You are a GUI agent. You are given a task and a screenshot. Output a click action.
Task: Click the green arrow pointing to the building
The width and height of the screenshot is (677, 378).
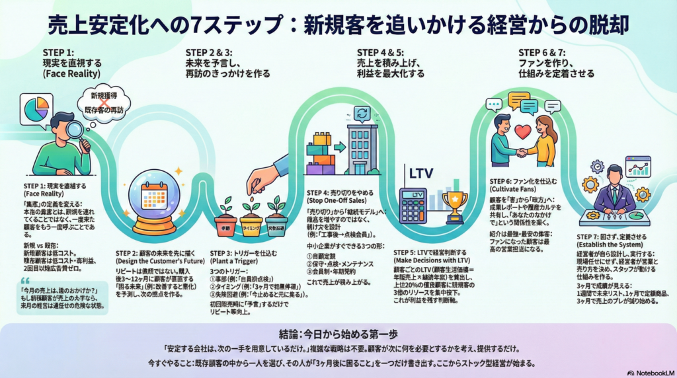(x=339, y=147)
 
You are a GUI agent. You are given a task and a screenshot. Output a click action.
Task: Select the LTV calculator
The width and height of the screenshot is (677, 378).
(x=413, y=206)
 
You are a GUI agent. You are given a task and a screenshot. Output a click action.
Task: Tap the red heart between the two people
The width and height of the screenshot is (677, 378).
(x=522, y=132)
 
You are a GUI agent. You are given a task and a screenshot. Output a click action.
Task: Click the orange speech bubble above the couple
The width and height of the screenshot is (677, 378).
(x=518, y=100)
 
